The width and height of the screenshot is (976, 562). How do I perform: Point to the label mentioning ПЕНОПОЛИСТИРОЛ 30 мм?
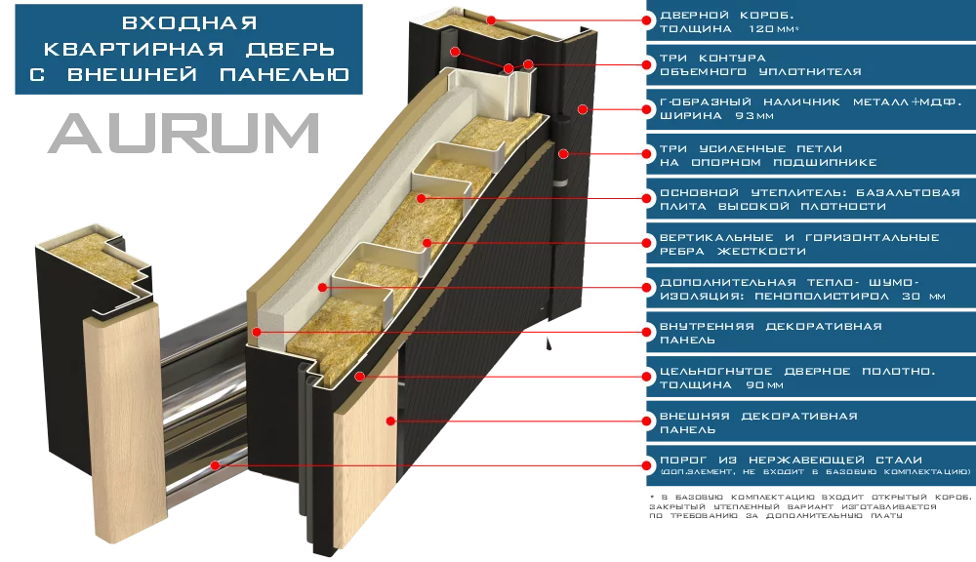802,288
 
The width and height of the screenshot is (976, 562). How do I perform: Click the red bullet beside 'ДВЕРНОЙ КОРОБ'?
644,18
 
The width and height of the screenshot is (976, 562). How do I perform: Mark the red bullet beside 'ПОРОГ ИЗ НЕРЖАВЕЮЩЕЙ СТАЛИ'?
644,462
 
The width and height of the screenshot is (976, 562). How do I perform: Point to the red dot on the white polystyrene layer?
322,287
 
